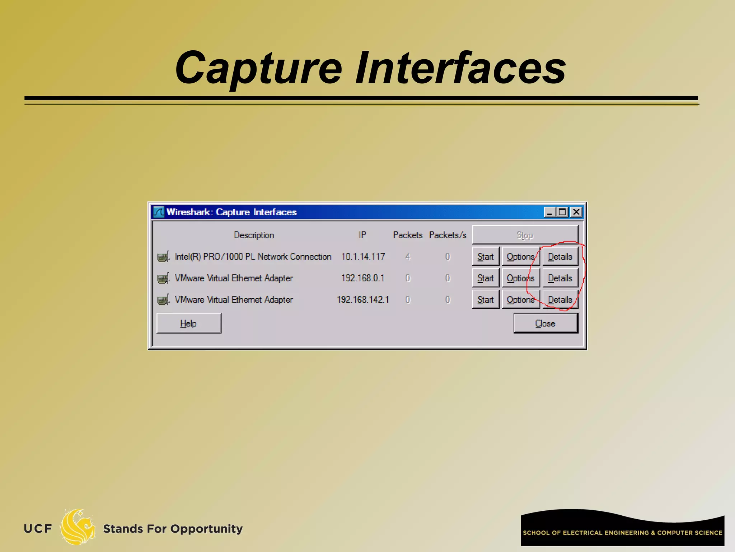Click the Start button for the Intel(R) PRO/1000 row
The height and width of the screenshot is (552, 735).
tap(486, 257)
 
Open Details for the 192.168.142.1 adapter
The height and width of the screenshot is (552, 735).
tap(560, 300)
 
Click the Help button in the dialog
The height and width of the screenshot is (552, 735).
tap(189, 323)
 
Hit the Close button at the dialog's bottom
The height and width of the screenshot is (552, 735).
tap(546, 323)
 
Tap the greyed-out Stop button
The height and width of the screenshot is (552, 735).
tap(525, 235)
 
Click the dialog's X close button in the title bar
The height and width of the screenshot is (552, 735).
tap(576, 212)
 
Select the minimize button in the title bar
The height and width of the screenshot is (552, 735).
tap(549, 212)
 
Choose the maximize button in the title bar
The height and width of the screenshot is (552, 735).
tap(562, 212)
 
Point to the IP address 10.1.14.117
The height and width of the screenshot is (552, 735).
tap(363, 257)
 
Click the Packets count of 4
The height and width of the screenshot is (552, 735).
tap(408, 257)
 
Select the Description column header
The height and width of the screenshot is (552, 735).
tap(254, 235)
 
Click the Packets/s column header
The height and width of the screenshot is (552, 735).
tap(448, 235)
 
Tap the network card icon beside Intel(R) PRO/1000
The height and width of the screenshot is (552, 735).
tap(163, 257)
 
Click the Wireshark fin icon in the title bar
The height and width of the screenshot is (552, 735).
tap(158, 212)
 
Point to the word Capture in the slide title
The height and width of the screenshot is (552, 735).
tap(258, 68)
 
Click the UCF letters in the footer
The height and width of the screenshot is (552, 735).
tap(38, 529)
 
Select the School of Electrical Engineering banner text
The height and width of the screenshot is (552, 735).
tap(622, 533)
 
